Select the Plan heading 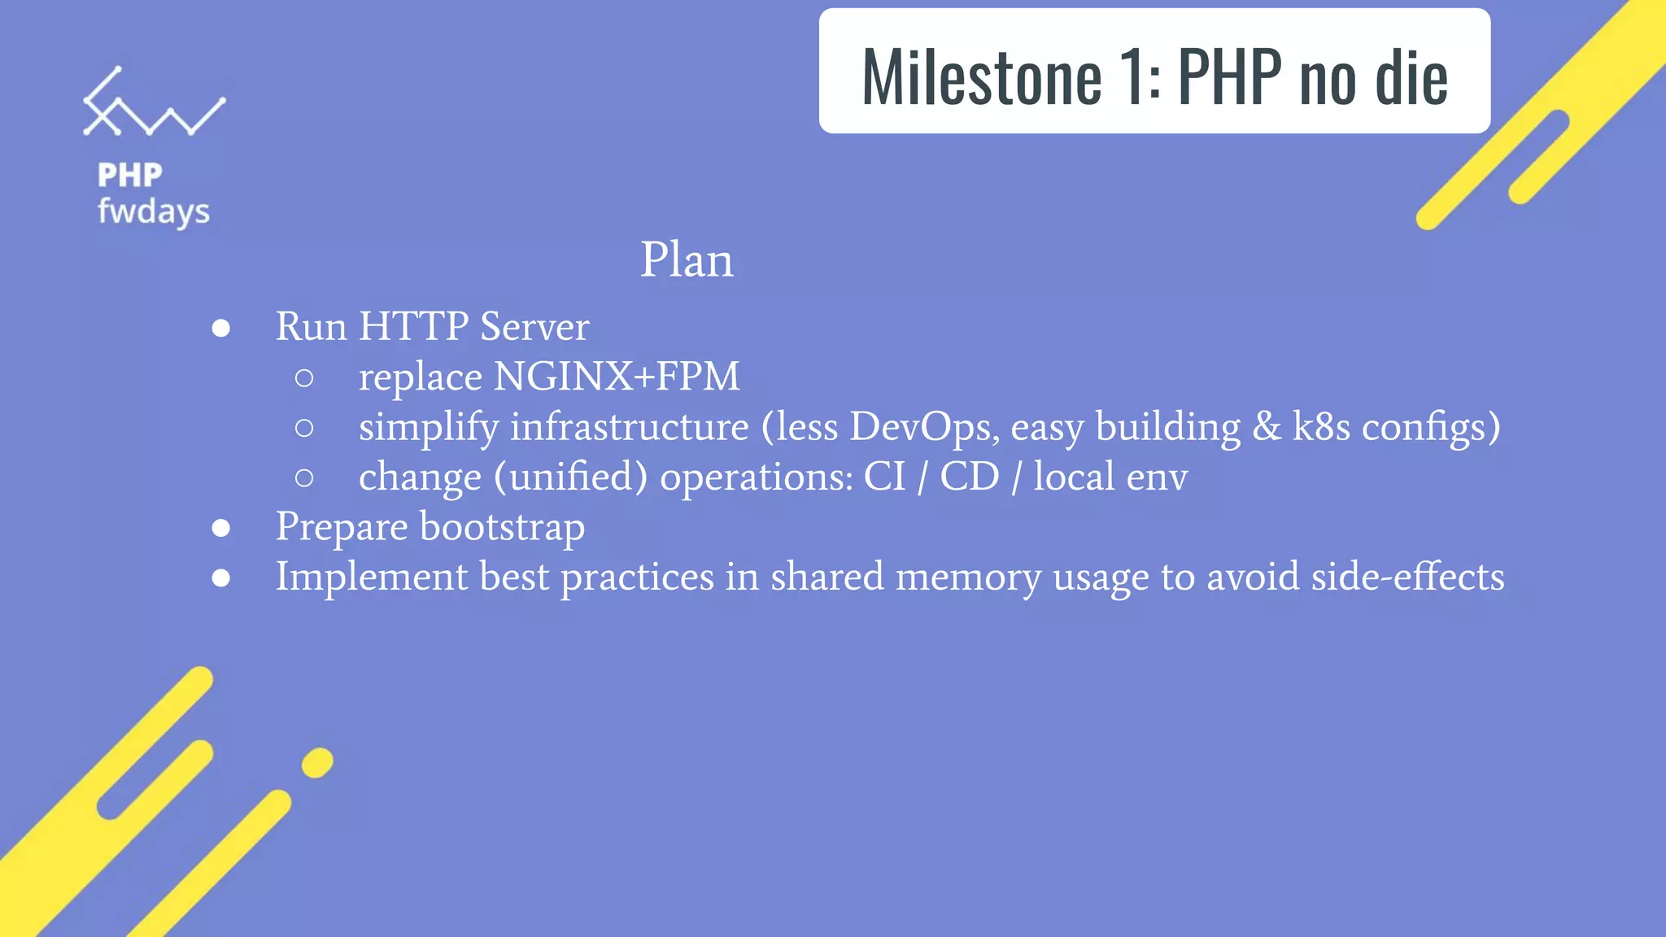pyautogui.click(x=687, y=260)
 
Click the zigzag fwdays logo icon pyautogui.click(x=153, y=103)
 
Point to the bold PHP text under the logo pyautogui.click(x=130, y=175)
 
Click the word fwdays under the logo pyautogui.click(x=154, y=212)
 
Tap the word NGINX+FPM pyautogui.click(x=617, y=377)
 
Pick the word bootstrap pyautogui.click(x=502, y=527)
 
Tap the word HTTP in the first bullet pyautogui.click(x=413, y=326)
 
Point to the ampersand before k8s pyautogui.click(x=1267, y=427)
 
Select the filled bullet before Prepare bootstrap pyautogui.click(x=220, y=529)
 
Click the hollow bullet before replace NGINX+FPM pyautogui.click(x=304, y=378)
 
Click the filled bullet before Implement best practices pyautogui.click(x=220, y=578)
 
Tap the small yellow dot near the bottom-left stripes pyautogui.click(x=317, y=763)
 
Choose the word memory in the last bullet pyautogui.click(x=968, y=577)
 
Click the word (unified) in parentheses pyautogui.click(x=570, y=477)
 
